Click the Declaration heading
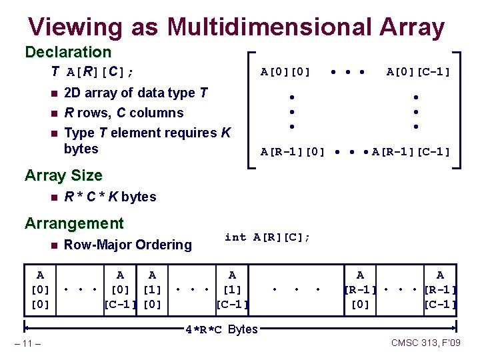tap(68, 52)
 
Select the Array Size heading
tap(63, 175)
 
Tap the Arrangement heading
tap(74, 223)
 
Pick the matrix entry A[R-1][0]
tap(293, 152)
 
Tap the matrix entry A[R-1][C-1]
tap(411, 152)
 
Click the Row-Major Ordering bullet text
tap(127, 245)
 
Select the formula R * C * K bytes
tap(110, 197)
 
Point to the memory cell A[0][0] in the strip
tap(41, 289)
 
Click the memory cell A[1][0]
tap(153, 289)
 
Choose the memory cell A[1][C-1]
tap(232, 289)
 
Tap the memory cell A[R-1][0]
tap(361, 289)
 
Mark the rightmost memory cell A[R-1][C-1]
tap(440, 289)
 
